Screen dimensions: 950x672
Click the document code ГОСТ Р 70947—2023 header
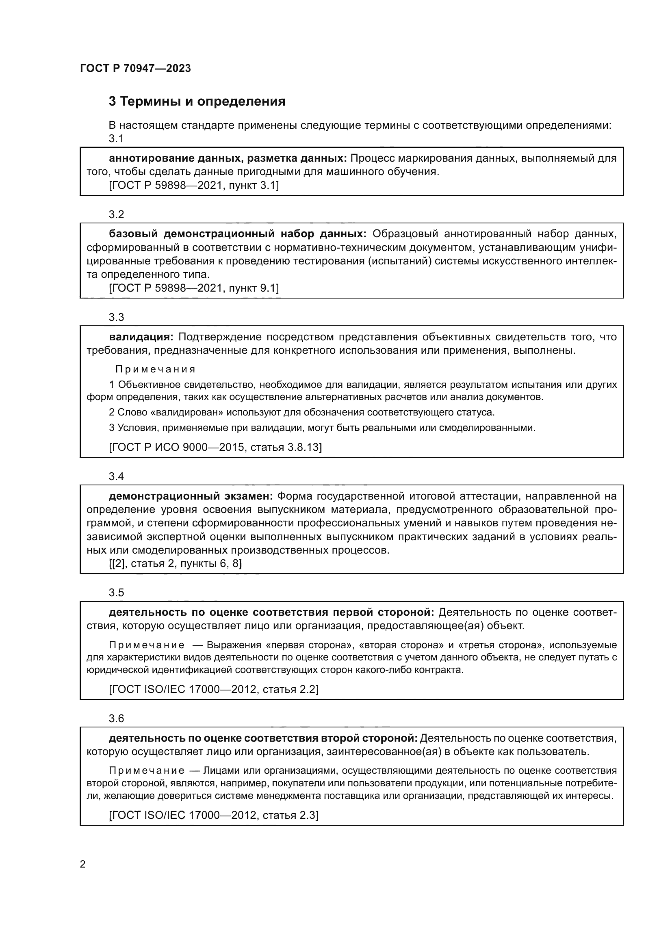[135, 69]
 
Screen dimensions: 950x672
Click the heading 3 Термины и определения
[197, 102]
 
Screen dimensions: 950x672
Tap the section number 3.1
[116, 138]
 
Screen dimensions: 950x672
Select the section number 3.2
[116, 214]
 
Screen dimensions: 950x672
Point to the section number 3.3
[116, 317]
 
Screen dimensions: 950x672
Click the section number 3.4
[116, 476]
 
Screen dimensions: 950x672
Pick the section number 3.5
[116, 593]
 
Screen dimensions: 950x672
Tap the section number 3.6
[116, 718]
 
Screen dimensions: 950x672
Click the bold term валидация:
[141, 337]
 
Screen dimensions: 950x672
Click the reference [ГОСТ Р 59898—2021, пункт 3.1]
[194, 185]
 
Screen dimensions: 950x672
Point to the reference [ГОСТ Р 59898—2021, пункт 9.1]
[194, 288]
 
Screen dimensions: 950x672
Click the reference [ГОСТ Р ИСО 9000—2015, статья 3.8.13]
[215, 447]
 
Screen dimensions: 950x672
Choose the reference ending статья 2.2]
[214, 689]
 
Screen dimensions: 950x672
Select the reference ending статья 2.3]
[214, 815]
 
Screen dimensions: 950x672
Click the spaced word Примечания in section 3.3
[155, 369]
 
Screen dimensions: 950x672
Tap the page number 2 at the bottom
[83, 864]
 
